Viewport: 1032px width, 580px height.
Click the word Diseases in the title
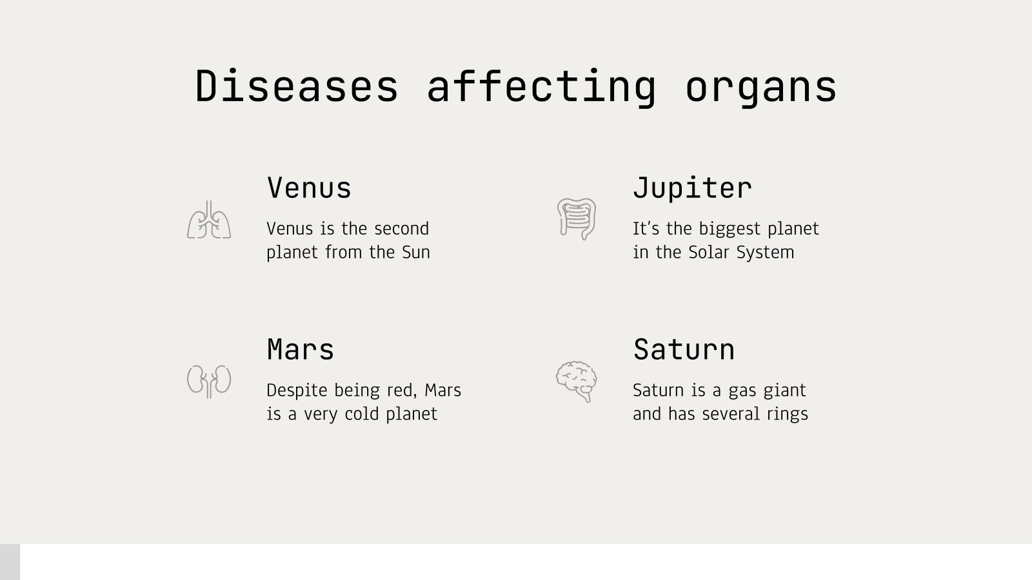tap(297, 86)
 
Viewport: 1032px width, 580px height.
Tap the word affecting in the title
tap(541, 86)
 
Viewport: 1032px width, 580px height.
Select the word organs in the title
tap(760, 86)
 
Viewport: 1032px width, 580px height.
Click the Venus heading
tap(309, 188)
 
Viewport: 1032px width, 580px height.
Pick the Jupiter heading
tap(692, 188)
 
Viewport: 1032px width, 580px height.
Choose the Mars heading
tap(301, 350)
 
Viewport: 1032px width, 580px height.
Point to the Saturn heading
tap(684, 350)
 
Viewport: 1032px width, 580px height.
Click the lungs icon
tap(209, 220)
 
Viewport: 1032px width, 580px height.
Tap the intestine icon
tap(577, 219)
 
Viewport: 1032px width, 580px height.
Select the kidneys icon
tap(209, 381)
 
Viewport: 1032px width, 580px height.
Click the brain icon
tap(577, 382)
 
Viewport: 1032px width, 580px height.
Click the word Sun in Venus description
tap(416, 252)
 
